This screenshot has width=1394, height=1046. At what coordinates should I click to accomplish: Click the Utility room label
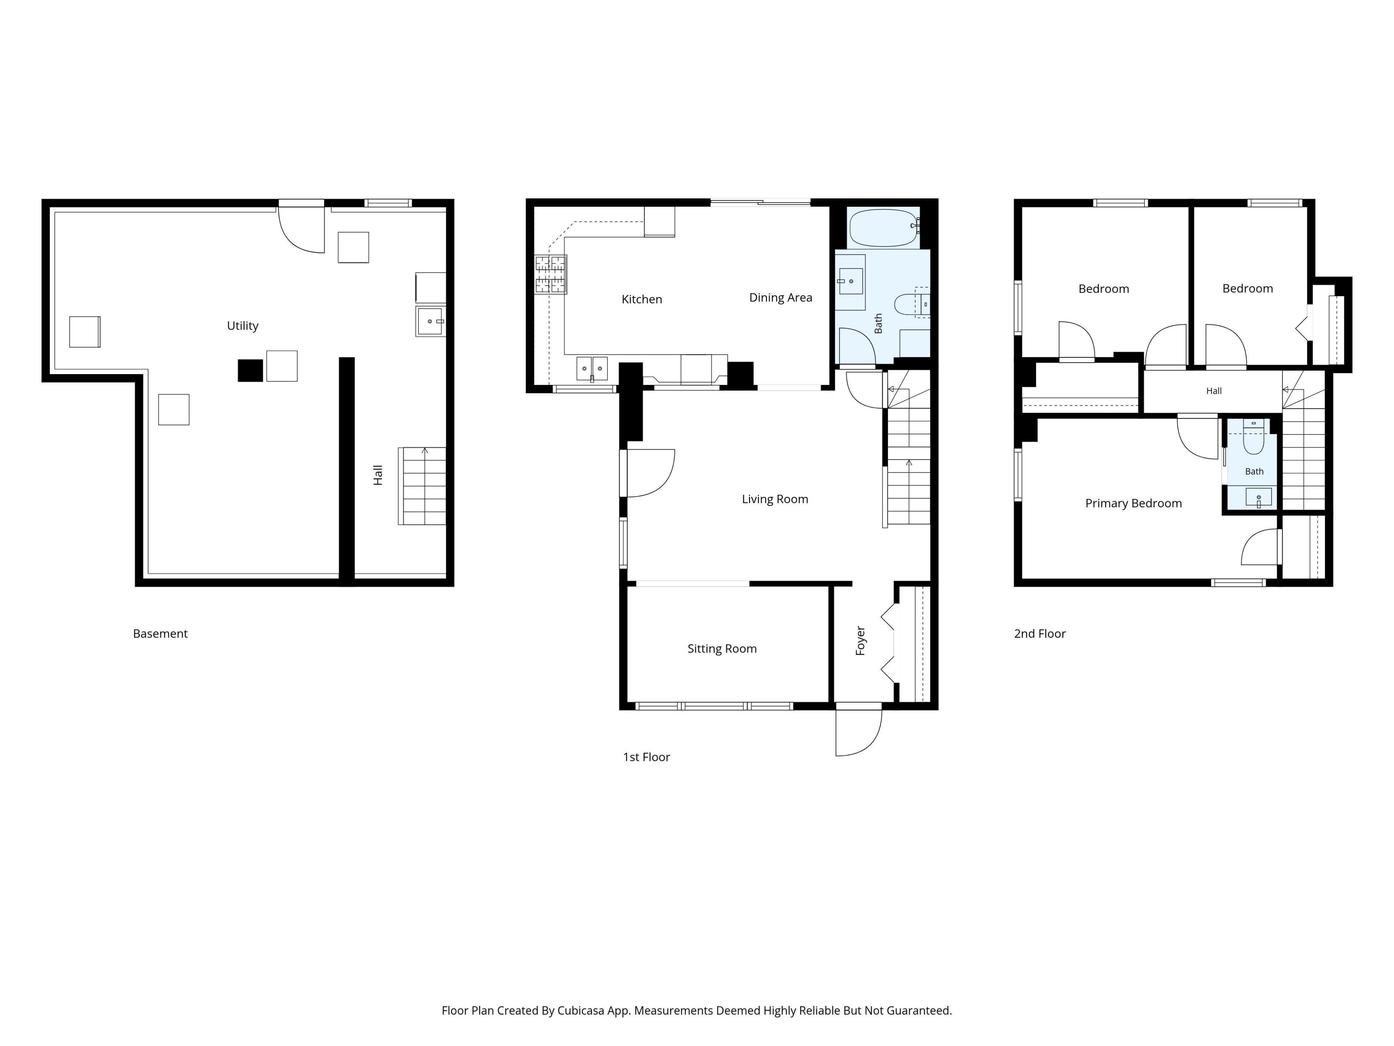[x=242, y=326]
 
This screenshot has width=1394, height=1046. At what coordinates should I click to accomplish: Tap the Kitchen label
[x=641, y=300]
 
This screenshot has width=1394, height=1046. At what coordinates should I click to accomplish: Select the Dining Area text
[x=780, y=297]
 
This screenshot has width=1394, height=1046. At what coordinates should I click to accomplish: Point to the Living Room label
[x=775, y=499]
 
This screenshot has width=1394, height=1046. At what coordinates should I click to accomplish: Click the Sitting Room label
[x=722, y=649]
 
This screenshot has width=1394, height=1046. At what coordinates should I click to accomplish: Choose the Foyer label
[x=860, y=641]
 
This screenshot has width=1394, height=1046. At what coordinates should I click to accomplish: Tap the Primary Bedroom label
[x=1133, y=503]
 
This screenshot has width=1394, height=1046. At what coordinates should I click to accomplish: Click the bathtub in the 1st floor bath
[x=884, y=228]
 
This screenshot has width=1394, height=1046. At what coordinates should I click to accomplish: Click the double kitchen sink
[x=592, y=369]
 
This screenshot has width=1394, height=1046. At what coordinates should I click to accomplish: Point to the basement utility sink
[x=431, y=321]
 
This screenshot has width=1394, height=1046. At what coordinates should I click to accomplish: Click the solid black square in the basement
[x=250, y=370]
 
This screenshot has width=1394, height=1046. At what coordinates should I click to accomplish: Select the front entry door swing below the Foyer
[x=858, y=732]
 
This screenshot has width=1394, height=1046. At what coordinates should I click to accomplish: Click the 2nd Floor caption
[x=1039, y=634]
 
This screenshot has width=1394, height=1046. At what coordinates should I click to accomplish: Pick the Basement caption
[x=160, y=634]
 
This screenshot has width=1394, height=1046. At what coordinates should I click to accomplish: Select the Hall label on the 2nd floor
[x=1214, y=391]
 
